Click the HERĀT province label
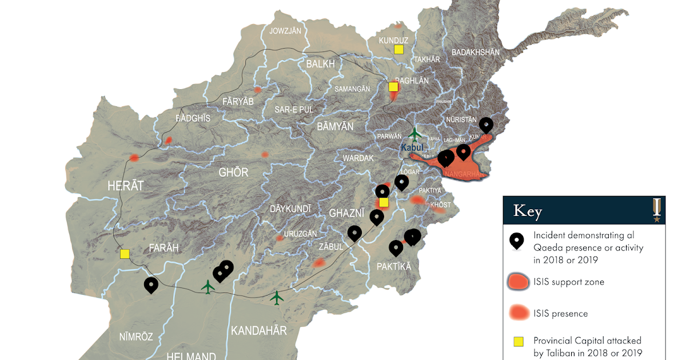(125, 185)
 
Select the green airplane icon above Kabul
(415, 134)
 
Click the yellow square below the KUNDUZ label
(398, 50)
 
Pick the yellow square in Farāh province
(125, 254)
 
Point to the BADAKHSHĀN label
(476, 52)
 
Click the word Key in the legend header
(527, 211)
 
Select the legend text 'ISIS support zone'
(569, 282)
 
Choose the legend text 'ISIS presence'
(560, 313)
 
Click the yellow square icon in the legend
(518, 342)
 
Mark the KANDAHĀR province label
(258, 330)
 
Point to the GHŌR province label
(233, 172)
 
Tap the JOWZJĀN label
(285, 31)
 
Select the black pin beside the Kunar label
(486, 124)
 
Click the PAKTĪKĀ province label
(393, 266)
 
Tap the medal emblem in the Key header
(657, 210)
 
